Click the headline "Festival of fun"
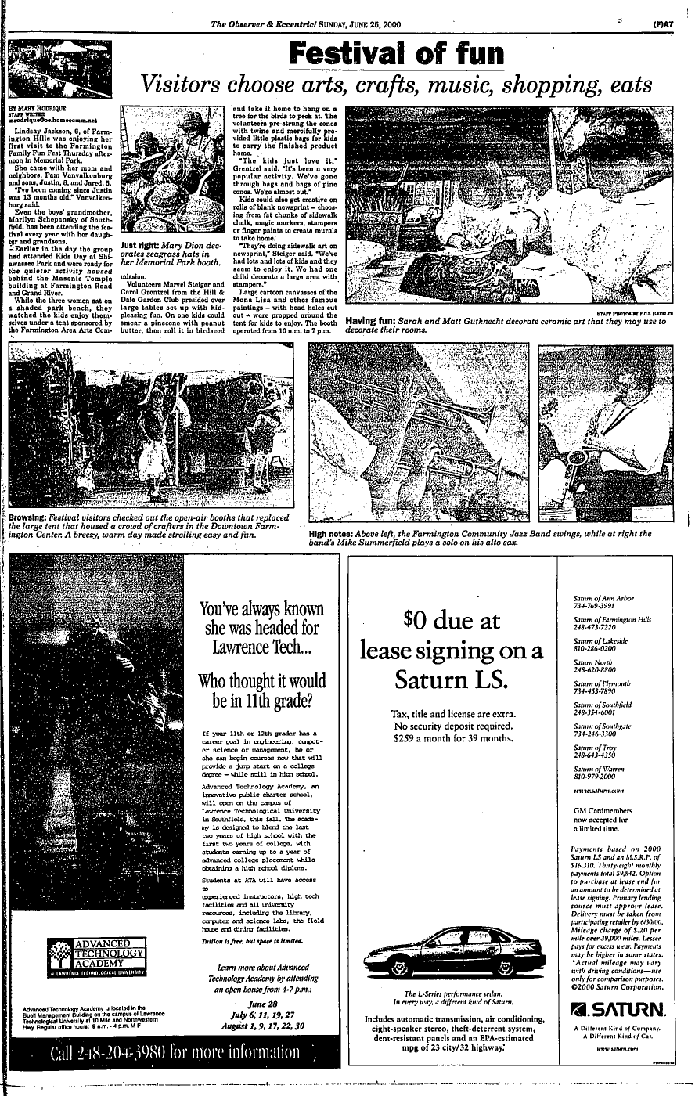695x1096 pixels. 396,53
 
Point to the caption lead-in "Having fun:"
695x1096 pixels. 373,321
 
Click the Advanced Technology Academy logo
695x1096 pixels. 98,956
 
